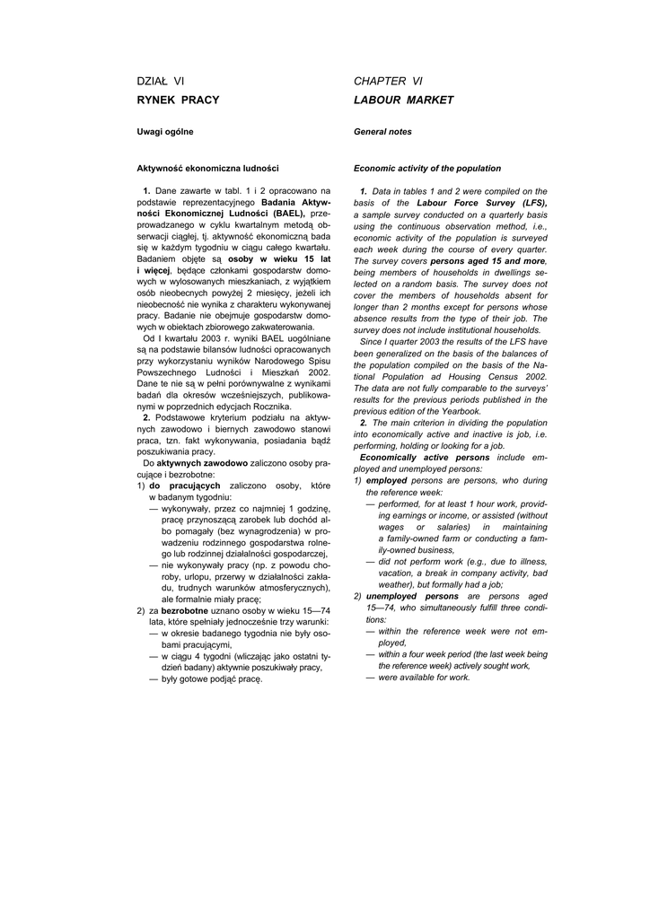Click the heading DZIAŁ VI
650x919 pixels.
click(161, 82)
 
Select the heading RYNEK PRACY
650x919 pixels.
click(178, 100)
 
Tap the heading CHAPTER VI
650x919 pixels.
click(388, 82)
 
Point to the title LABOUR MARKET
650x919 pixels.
click(403, 100)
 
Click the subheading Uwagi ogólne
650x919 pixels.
click(164, 132)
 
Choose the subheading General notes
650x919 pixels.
click(382, 132)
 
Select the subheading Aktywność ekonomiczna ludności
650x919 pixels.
click(207, 168)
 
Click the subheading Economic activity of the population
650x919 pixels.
click(427, 168)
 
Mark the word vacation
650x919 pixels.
click(399, 573)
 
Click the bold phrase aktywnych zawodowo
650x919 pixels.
click(202, 463)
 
